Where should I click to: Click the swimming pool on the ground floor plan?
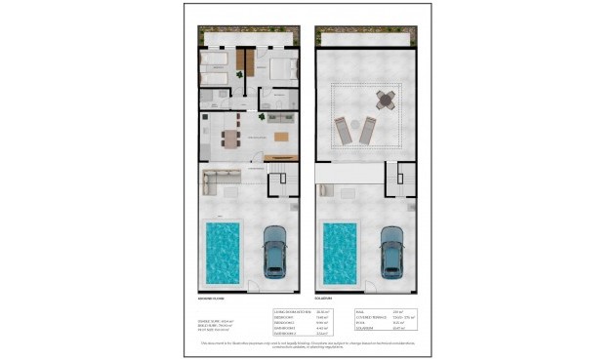click(223, 250)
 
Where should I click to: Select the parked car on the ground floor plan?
click(275, 251)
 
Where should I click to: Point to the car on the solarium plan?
click(391, 251)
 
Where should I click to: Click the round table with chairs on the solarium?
click(385, 100)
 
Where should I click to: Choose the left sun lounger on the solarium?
click(345, 129)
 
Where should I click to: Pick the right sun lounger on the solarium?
click(368, 129)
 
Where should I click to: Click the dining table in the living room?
click(230, 138)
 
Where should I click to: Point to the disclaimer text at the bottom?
click(307, 343)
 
